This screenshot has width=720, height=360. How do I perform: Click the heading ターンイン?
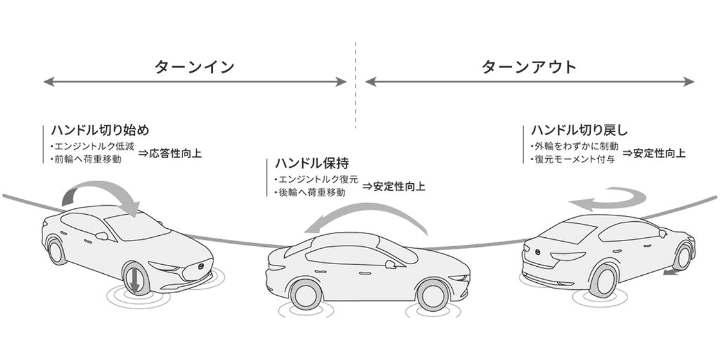(194, 67)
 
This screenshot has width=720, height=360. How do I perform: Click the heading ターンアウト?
(529, 67)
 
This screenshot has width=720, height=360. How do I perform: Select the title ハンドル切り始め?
(100, 130)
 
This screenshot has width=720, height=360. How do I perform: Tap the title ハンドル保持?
(312, 163)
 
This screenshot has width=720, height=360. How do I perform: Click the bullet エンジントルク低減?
(93, 147)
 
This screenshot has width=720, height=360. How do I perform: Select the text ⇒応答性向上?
(170, 154)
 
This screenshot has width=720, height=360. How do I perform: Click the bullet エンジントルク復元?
(316, 179)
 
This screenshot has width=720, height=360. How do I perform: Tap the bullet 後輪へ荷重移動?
(309, 192)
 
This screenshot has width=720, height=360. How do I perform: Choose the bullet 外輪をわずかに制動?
(574, 147)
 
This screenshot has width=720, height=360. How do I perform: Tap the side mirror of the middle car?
(390, 264)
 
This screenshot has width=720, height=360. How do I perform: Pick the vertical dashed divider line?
(355, 85)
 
